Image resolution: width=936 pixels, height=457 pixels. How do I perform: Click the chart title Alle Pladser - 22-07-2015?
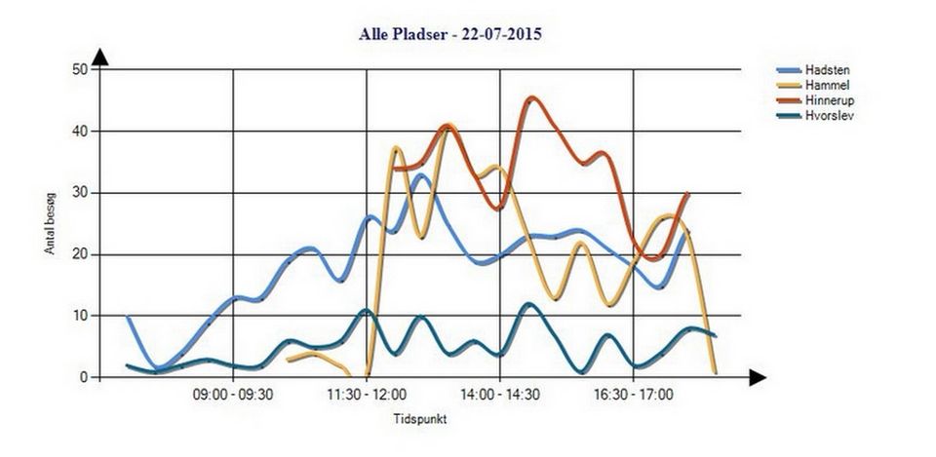pyautogui.click(x=450, y=34)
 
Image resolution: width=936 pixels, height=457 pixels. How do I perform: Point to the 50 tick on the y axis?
pyautogui.click(x=82, y=69)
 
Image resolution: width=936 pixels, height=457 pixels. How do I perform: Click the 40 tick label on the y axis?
pyautogui.click(x=82, y=131)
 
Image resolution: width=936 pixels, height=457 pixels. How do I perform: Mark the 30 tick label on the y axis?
pyautogui.click(x=82, y=193)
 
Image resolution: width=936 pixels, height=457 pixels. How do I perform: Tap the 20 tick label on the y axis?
pyautogui.click(x=82, y=254)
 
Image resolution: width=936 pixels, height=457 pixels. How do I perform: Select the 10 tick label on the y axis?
pyautogui.click(x=82, y=316)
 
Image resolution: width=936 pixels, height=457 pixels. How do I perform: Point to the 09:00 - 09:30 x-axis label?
pyautogui.click(x=233, y=395)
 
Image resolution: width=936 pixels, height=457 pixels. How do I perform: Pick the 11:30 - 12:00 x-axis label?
pyautogui.click(x=367, y=395)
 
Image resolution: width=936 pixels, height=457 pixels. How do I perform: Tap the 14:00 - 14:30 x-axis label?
pyautogui.click(x=500, y=395)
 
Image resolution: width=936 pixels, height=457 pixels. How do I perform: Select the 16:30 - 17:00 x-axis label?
pyautogui.click(x=634, y=395)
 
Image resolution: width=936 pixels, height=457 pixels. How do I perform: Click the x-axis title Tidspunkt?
pyautogui.click(x=419, y=419)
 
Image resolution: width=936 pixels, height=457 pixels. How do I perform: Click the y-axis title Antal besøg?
pyautogui.click(x=50, y=223)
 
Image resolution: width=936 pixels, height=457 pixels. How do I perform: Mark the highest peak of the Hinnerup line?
pyautogui.click(x=531, y=98)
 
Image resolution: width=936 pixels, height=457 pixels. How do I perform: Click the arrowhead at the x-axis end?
pyautogui.click(x=757, y=377)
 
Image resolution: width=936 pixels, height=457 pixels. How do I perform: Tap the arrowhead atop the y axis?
pyautogui.click(x=99, y=57)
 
